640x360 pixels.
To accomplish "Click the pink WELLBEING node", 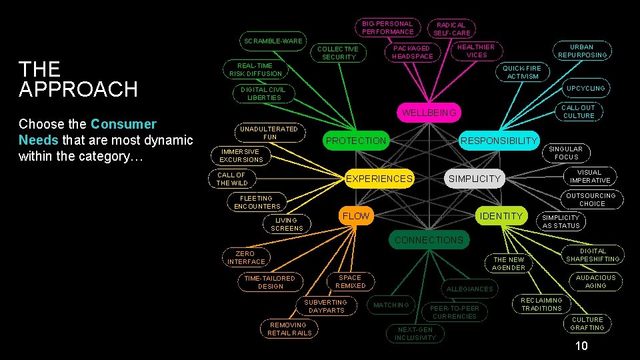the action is tap(429, 113).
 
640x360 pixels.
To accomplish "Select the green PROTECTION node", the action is tap(356, 141).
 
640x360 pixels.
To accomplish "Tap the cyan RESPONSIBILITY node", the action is tap(499, 140).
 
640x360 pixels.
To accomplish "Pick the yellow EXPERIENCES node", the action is tap(379, 179).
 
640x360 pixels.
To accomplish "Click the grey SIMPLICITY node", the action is tap(474, 179).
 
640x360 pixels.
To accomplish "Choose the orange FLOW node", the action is tap(355, 216).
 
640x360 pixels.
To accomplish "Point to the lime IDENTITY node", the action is tap(501, 216).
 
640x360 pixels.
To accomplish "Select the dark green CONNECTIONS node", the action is tap(429, 240).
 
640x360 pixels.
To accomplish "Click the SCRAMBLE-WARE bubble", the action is tap(273, 41).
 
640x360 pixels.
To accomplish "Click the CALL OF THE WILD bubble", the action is tap(232, 179).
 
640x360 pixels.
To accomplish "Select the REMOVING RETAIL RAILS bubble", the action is tap(289, 329).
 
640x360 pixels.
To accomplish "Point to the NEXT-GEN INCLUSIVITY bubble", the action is tap(415, 333).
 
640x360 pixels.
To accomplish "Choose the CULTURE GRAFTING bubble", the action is tap(587, 323).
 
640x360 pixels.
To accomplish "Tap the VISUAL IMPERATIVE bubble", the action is tap(589, 176).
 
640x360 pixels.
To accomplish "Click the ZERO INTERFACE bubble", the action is tap(245, 257).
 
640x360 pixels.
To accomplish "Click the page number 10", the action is tap(581, 345).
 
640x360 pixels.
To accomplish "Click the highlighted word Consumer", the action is tap(123, 124).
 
